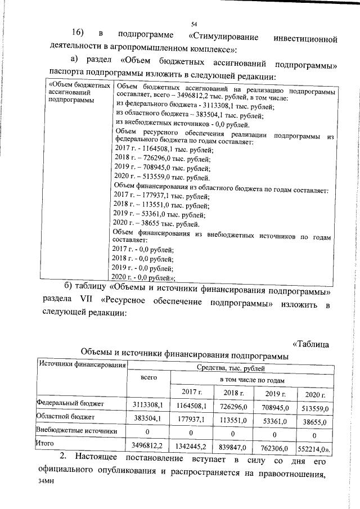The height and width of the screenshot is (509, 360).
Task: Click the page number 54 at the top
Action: click(x=193, y=24)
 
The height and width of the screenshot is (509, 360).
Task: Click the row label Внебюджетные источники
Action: click(x=76, y=431)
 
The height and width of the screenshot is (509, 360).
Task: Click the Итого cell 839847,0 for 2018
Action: click(x=235, y=447)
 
